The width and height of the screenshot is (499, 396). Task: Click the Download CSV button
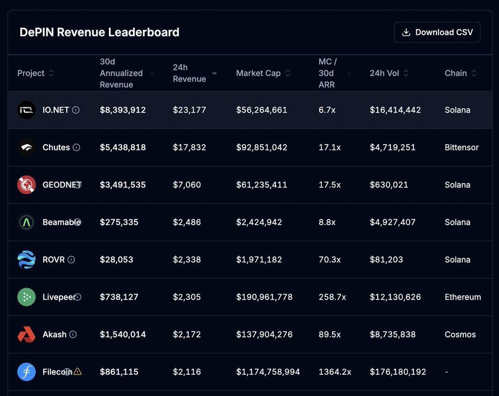[437, 32]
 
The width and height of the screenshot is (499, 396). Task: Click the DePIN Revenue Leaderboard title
[99, 32]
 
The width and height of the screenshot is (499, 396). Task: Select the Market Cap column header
[258, 73]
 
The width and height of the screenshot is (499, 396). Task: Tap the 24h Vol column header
[384, 73]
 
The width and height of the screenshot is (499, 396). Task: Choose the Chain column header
[455, 73]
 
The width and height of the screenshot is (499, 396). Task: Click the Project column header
[31, 73]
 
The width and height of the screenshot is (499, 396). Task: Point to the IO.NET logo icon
[26, 110]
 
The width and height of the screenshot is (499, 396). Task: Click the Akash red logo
[26, 335]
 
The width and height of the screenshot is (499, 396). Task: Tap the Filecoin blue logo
[26, 372]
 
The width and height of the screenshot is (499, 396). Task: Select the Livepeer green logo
[26, 297]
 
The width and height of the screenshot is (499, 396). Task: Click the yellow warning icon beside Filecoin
[77, 371]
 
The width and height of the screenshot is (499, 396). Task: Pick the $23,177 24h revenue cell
[189, 110]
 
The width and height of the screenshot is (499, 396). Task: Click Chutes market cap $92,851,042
[262, 148]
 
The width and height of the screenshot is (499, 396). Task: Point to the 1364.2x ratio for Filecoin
[334, 372]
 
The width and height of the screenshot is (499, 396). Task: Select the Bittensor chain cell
[461, 148]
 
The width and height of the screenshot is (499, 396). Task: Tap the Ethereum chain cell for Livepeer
[462, 297]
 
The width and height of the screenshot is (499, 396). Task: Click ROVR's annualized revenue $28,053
[116, 260]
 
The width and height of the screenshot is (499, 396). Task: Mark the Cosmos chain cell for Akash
[460, 335]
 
